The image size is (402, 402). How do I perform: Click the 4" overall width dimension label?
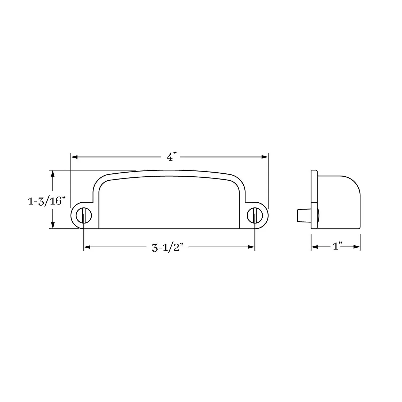(x=172, y=157)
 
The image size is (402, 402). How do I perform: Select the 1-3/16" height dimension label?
(x=47, y=201)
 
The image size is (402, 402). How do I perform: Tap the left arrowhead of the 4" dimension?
(x=74, y=157)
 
